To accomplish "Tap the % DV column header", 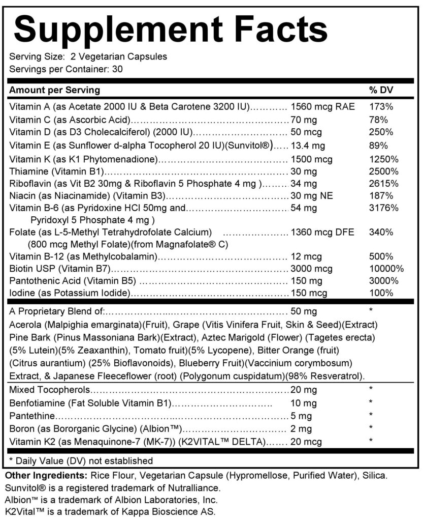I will [x=380, y=90].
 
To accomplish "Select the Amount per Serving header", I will [x=55, y=90].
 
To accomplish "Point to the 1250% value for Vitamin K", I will [x=383, y=159].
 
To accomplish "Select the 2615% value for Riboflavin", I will [x=383, y=184].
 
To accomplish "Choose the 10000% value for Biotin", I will [x=386, y=269].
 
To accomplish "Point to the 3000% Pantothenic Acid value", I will [x=383, y=281].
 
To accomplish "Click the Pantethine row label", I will [x=31, y=416].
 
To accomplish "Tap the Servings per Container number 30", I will [x=116, y=69].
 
